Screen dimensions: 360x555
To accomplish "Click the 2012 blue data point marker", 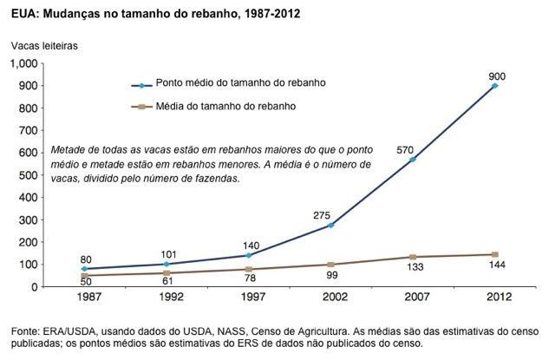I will coord(494,86).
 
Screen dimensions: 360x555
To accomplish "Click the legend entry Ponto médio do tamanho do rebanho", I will coord(232,85).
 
